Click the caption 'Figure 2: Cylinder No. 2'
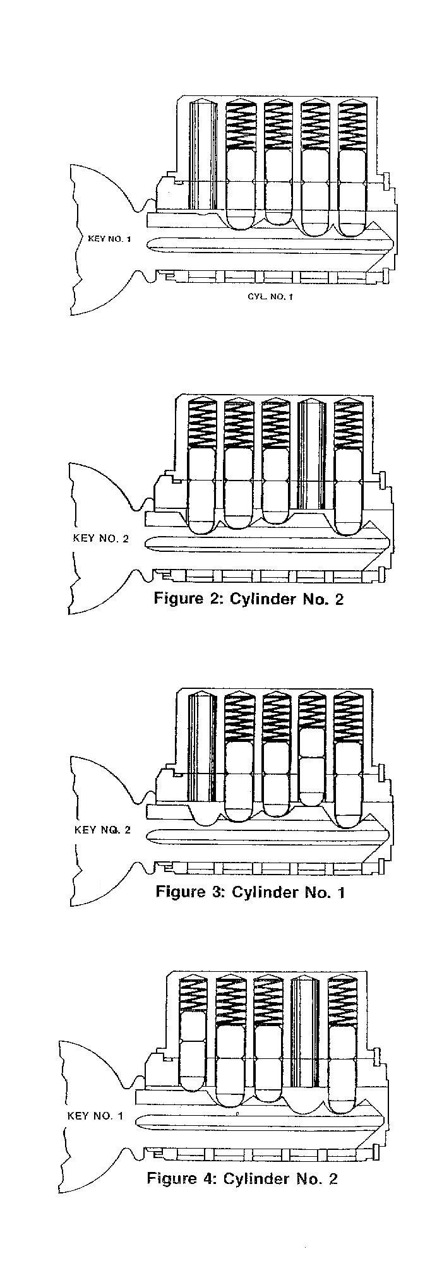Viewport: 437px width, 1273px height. [249, 599]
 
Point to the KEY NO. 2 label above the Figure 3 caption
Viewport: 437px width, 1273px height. [102, 830]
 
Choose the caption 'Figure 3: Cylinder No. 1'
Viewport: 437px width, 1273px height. [250, 892]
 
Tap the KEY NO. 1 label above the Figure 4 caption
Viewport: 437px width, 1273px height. [95, 1116]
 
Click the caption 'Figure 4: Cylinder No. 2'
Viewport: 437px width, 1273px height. [242, 1178]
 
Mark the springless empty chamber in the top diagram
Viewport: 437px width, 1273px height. [203, 154]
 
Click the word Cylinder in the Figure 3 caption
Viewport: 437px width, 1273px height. [260, 892]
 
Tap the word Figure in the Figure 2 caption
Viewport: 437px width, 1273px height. [177, 599]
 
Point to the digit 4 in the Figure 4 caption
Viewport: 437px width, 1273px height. [207, 1178]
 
